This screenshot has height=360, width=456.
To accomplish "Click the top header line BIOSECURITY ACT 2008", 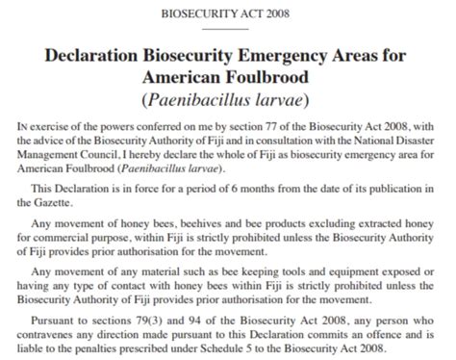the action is (228, 13).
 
